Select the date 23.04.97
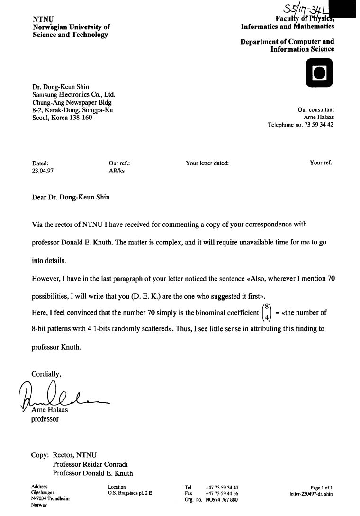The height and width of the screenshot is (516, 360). [x=43, y=172]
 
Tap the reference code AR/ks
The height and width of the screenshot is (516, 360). [x=117, y=172]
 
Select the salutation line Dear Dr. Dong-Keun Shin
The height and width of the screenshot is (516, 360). [x=71, y=197]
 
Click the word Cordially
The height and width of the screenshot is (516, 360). [x=46, y=374]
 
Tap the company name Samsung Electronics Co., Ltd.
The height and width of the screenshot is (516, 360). [x=73, y=95]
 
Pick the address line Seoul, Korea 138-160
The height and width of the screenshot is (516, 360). [x=62, y=118]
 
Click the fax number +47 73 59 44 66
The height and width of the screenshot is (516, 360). [x=222, y=493]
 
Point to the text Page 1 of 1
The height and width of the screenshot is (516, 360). [x=322, y=488]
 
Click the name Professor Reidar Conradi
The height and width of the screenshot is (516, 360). [x=90, y=464]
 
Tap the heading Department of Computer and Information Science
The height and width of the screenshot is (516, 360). [x=287, y=45]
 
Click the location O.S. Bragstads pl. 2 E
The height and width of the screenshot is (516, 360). [x=130, y=493]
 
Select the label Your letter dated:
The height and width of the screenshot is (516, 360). [x=207, y=163]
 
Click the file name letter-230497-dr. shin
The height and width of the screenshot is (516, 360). [x=311, y=494]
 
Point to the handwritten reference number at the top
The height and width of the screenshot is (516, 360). [x=302, y=9]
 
